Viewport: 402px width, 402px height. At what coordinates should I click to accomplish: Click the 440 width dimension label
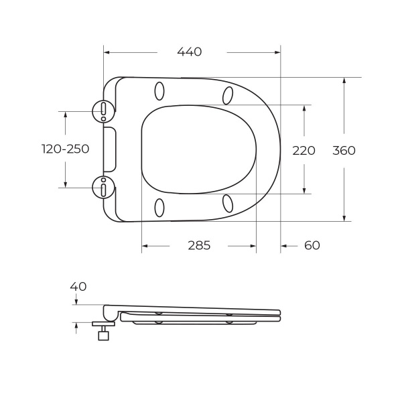[190, 52]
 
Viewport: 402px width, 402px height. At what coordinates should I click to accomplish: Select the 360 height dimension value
[344, 151]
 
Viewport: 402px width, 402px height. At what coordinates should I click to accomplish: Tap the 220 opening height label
[304, 151]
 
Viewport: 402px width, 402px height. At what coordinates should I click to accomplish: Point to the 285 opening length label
[199, 246]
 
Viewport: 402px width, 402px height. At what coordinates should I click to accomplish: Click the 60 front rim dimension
[312, 246]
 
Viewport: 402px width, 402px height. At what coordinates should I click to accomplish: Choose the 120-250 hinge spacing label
[65, 149]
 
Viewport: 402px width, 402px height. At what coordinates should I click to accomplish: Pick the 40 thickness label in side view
[78, 287]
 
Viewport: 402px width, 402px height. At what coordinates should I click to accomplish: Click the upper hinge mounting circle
[103, 109]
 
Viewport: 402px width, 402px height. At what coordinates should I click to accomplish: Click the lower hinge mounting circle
[103, 188]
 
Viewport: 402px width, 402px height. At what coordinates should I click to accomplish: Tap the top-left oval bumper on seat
[159, 90]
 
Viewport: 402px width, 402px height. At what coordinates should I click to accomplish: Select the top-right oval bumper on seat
[228, 96]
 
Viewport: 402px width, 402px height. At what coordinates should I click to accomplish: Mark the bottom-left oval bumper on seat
[159, 207]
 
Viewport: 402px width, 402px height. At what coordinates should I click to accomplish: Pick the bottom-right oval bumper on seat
[228, 202]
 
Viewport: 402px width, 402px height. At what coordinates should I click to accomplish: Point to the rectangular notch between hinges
[111, 149]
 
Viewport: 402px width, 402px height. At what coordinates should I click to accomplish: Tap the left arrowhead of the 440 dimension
[107, 52]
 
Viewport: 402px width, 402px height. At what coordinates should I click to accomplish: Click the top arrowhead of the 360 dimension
[344, 80]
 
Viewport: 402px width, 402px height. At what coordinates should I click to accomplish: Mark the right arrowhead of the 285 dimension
[253, 246]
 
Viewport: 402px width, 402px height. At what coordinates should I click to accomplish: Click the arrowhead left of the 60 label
[284, 246]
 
